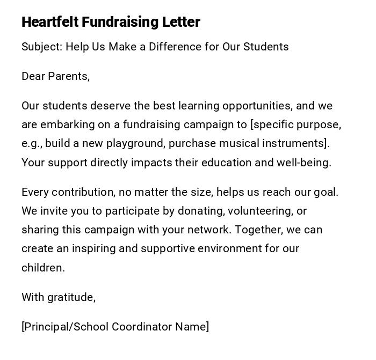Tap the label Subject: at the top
coord(42,47)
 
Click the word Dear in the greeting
coord(33,76)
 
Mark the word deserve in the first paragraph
coord(107,106)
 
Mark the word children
coord(42,268)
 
